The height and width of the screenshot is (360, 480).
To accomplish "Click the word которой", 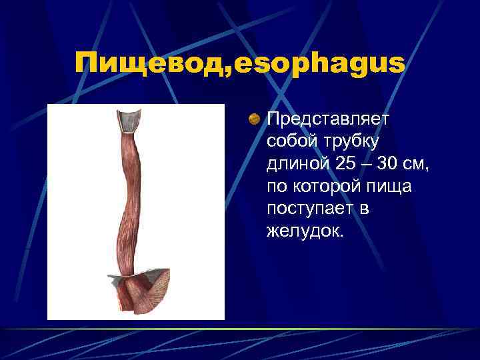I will coord(325,187).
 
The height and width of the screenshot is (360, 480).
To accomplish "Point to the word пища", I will coord(391,187).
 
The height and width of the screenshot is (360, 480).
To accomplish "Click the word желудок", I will coord(304,232).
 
